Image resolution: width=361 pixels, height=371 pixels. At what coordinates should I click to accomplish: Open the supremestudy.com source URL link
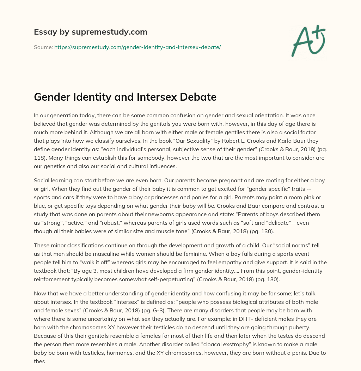click(x=137, y=47)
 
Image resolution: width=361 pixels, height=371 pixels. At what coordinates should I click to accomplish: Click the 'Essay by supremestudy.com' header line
click(x=91, y=32)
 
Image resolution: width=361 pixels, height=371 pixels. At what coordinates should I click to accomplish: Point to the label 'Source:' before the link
click(x=43, y=47)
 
